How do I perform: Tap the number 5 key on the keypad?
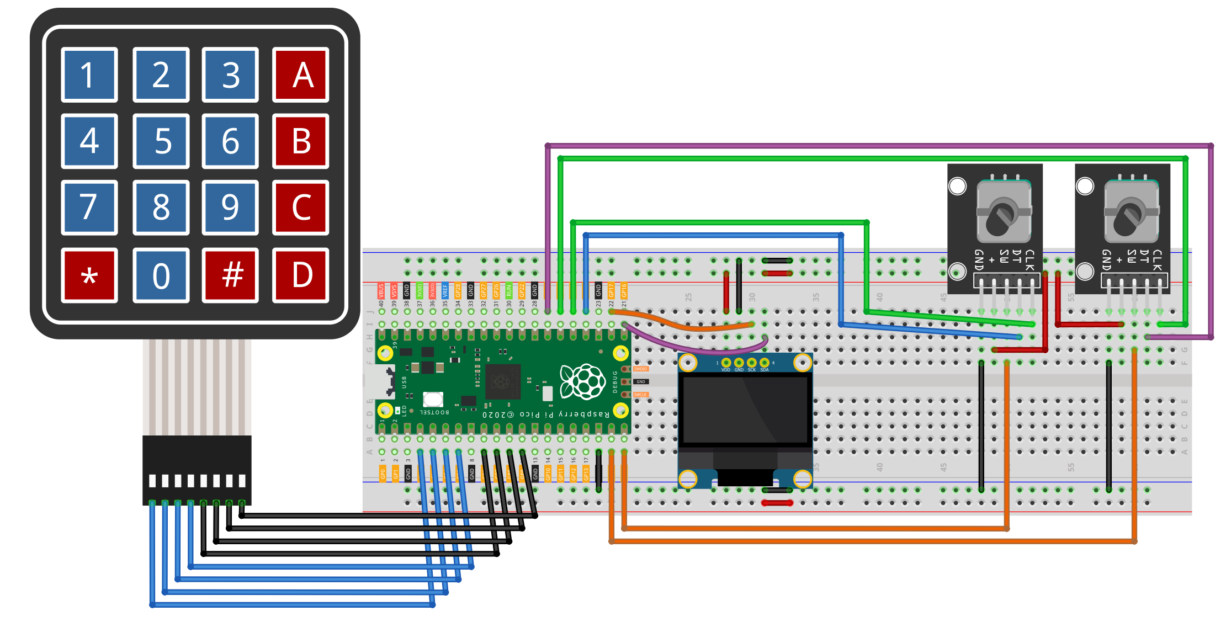(161, 141)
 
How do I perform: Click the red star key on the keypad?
(89, 275)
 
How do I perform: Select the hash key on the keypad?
(231, 275)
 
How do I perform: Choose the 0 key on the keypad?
(161, 275)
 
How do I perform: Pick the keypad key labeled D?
(301, 275)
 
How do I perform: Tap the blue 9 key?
(231, 208)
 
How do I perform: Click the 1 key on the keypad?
(89, 75)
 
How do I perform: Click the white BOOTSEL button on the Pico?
(433, 398)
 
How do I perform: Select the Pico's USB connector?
(381, 381)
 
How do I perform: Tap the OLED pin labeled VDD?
(726, 363)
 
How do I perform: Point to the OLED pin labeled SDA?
(765, 363)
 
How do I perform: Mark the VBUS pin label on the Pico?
(381, 290)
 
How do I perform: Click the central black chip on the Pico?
(503, 381)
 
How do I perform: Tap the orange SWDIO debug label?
(640, 369)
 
